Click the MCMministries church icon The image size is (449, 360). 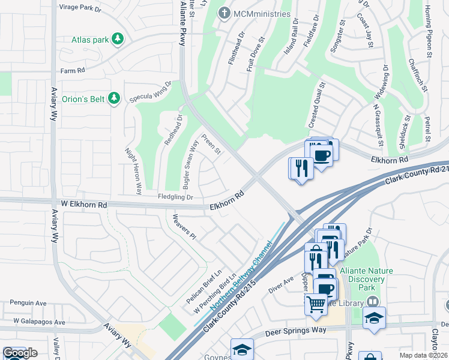pos(224,13)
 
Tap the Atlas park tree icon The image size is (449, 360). pos(119,40)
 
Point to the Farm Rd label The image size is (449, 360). pos(73,71)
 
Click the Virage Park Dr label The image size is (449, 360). pos(81,8)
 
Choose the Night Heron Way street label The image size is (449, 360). pos(132,171)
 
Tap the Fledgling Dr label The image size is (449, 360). pos(175,197)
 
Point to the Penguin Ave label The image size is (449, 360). pos(23,304)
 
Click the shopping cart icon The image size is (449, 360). pos(316,304)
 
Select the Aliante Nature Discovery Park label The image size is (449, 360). pos(366,279)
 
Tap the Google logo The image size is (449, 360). pos(20,353)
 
